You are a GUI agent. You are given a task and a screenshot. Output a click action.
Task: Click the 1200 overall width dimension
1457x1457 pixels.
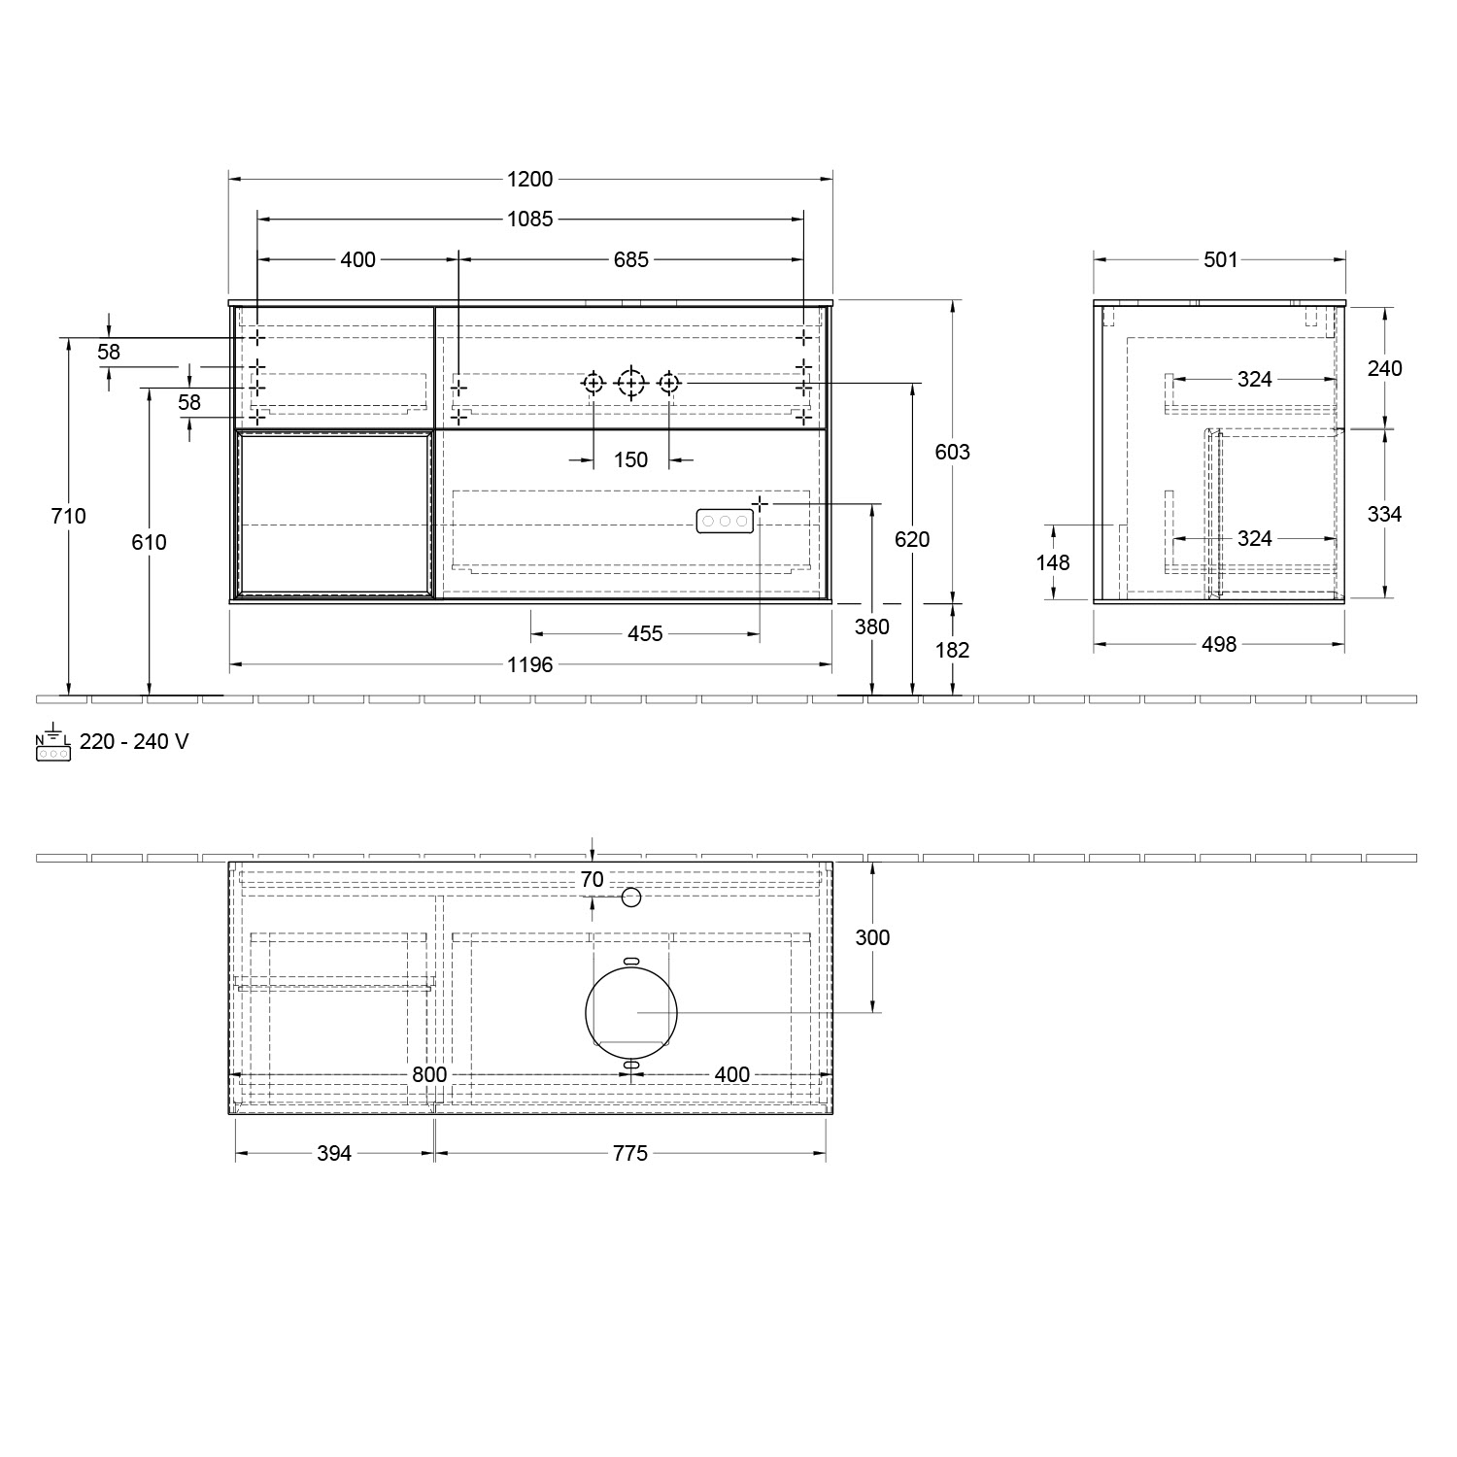tap(529, 179)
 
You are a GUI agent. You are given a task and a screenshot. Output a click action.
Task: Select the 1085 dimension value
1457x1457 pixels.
tap(529, 219)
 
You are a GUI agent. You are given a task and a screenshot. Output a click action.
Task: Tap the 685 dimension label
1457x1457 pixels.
tap(630, 259)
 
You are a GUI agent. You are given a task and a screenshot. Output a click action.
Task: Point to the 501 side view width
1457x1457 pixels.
tap(1220, 259)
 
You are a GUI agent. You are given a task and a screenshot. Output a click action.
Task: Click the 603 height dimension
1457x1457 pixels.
tap(952, 452)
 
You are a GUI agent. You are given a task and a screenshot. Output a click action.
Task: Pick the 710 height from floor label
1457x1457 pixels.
tap(68, 516)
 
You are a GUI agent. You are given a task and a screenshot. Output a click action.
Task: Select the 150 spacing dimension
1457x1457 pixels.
tap(630, 459)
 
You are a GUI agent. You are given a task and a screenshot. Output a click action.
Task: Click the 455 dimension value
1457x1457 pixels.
tap(645, 634)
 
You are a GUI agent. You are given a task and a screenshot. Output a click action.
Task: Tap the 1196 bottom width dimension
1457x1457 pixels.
tap(529, 664)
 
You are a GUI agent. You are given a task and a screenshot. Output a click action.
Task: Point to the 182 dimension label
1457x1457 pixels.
tap(952, 650)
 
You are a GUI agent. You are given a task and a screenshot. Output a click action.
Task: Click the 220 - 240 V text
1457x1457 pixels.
tap(134, 742)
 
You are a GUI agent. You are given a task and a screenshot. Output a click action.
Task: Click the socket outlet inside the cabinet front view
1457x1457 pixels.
tap(725, 522)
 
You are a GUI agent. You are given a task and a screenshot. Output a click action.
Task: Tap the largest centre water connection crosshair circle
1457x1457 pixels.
tap(631, 385)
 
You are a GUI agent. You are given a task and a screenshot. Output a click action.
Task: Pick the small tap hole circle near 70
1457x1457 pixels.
tap(631, 898)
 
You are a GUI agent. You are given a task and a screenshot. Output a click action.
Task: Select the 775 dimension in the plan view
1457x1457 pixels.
tap(629, 1153)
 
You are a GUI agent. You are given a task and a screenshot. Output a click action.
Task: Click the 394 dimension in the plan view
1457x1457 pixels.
tap(334, 1153)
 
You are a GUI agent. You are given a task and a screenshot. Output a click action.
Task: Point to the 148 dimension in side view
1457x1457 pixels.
tap(1053, 562)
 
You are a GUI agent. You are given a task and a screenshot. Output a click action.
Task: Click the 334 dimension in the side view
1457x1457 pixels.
tap(1384, 514)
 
